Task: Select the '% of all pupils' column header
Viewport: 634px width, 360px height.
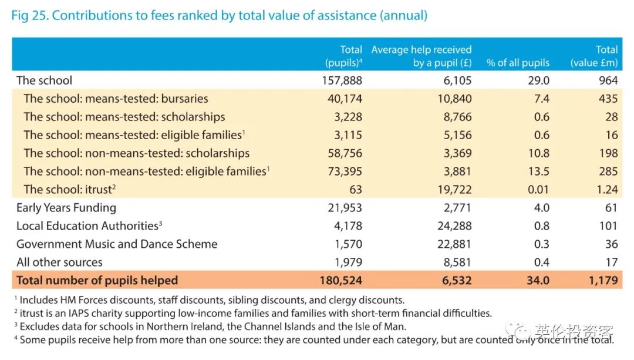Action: (518, 63)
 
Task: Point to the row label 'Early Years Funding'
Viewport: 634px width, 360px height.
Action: (66, 208)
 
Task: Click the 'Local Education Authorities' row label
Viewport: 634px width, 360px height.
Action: (89, 226)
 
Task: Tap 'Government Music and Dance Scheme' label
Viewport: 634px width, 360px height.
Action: (117, 244)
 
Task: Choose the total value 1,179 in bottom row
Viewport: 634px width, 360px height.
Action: (603, 280)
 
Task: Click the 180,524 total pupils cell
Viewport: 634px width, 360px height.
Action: (340, 280)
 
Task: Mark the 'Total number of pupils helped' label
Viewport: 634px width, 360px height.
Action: (97, 280)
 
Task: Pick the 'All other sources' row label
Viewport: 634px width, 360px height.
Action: (59, 263)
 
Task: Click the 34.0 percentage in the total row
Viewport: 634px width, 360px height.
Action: (537, 280)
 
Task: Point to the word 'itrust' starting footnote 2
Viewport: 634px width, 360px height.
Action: (33, 314)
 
